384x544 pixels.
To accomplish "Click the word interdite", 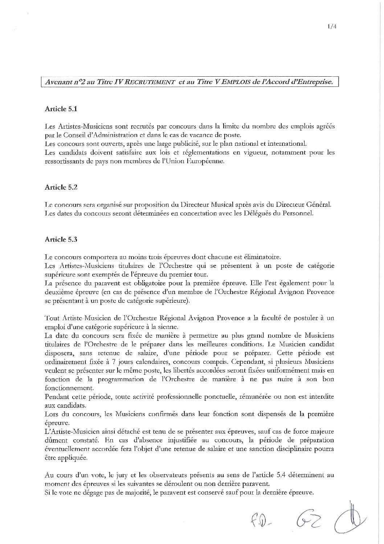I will [x=320, y=396].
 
